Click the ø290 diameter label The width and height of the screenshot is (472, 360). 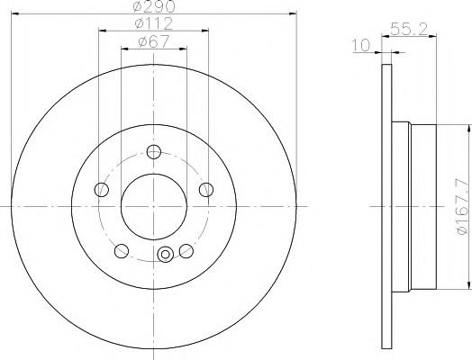coord(154,6)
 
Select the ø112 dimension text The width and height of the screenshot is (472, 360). coord(154,23)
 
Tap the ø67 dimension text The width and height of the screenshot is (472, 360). coord(154,41)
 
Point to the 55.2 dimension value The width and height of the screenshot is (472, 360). coord(409,29)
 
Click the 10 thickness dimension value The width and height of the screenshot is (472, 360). coord(361,45)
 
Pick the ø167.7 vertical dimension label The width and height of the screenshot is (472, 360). coord(462,208)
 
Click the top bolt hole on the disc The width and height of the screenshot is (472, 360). coord(154,151)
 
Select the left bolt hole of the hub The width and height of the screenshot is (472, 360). coord(102,190)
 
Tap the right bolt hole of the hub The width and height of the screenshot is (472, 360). coord(206,190)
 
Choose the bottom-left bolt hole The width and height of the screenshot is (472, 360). coord(122,251)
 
